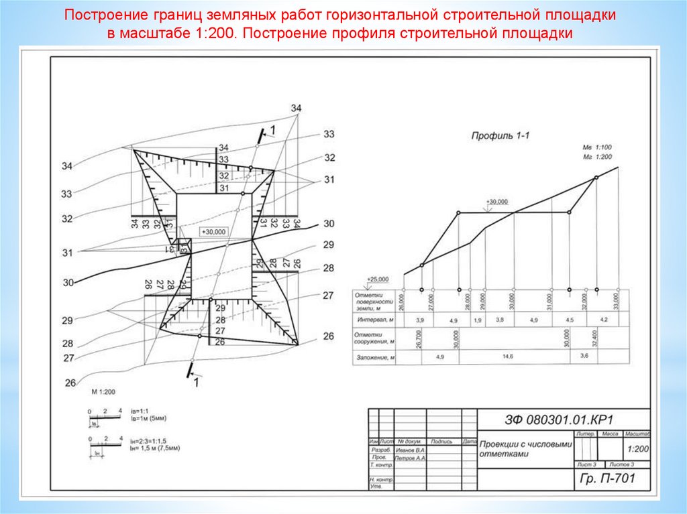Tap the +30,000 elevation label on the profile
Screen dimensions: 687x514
[x=498, y=202]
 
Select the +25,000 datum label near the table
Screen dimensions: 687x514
[x=378, y=279]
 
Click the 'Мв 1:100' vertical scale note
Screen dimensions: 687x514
[x=597, y=147]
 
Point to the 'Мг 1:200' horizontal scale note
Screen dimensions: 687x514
[x=597, y=155]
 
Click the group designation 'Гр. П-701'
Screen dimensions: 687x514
[x=606, y=478]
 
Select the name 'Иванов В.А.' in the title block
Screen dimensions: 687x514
[x=411, y=450]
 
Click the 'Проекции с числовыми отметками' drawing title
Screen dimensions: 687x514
[x=525, y=448]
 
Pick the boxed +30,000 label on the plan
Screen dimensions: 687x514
[x=214, y=231]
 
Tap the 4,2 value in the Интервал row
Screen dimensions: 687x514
[x=604, y=320]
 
